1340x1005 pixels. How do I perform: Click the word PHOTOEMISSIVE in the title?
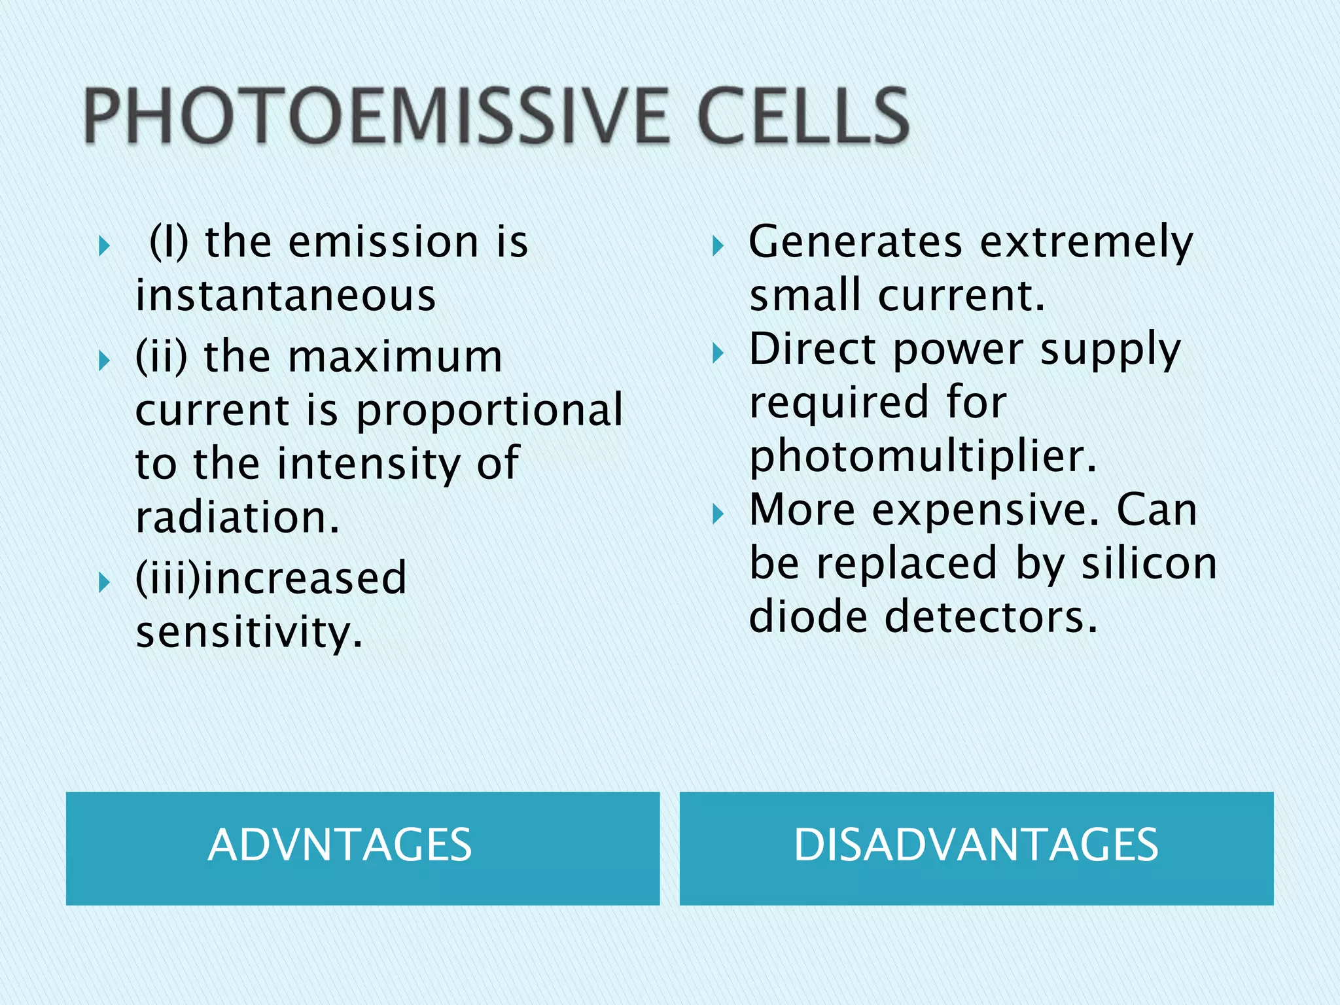[376, 116]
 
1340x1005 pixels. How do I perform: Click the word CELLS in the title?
[803, 116]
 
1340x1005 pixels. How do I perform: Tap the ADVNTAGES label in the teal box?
[340, 845]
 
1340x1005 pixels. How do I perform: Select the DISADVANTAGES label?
[976, 845]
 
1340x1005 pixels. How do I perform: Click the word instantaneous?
[286, 295]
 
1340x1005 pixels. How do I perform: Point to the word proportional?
[489, 410]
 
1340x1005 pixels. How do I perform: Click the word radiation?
[237, 517]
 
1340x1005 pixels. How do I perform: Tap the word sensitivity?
[249, 633]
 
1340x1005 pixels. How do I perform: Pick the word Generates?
[856, 242]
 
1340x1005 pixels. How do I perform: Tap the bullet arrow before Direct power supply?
[718, 354]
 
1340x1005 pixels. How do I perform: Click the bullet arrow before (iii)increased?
[104, 582]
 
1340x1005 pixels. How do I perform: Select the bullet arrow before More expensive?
[718, 515]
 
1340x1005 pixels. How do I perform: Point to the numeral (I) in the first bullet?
[169, 242]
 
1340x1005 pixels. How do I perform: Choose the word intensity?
[368, 464]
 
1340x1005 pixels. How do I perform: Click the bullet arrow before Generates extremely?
[718, 247]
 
